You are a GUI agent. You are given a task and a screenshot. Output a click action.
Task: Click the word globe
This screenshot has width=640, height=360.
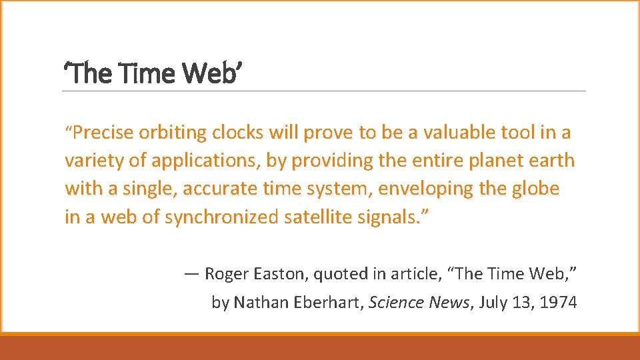pos(537,189)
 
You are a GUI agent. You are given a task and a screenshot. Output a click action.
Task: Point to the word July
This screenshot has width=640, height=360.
pos(495,303)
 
